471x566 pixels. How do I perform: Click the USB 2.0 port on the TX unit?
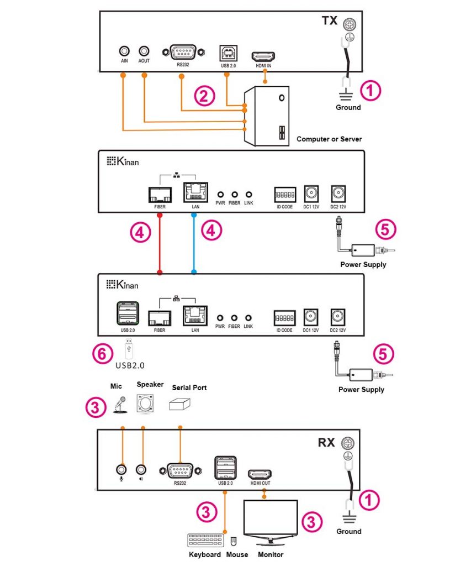(x=226, y=53)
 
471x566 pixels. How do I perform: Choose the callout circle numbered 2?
(x=204, y=97)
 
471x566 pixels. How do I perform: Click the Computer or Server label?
(x=329, y=139)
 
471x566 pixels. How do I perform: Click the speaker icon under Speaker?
(x=145, y=403)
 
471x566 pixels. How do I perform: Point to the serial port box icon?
(x=181, y=404)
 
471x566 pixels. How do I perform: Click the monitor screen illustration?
(x=271, y=517)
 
